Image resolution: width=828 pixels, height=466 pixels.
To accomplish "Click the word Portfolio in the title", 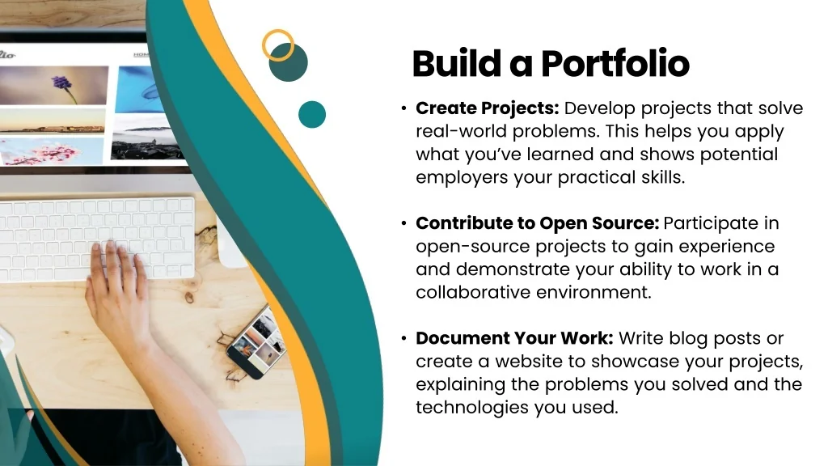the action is [615, 63].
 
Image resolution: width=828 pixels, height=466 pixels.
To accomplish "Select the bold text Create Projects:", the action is [487, 108].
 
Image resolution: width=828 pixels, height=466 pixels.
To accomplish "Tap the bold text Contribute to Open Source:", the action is [537, 223].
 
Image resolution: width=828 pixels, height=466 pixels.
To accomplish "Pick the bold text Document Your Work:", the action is [514, 338].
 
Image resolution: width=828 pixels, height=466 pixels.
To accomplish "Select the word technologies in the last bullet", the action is [472, 408].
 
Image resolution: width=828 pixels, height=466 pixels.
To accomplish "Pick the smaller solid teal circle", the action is [312, 114].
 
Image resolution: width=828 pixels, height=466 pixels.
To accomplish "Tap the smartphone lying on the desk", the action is [257, 342].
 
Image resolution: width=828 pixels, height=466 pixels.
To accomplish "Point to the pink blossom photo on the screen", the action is [51, 151].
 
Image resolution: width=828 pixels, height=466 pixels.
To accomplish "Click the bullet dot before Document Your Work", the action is [404, 338].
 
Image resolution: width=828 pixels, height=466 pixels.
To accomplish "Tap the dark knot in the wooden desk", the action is [189, 299].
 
